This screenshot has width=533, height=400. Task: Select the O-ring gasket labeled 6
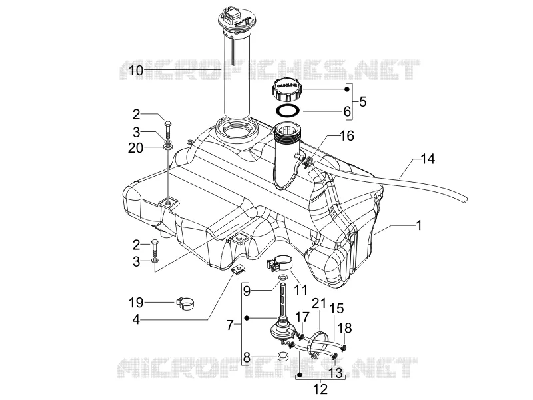pos(288,111)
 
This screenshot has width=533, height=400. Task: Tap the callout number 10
pos(136,71)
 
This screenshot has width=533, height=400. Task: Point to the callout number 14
pos(428,159)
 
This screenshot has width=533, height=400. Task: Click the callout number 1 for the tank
pos(419,225)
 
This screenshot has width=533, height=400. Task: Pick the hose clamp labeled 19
pos(186,303)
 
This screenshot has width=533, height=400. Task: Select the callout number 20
pos(136,148)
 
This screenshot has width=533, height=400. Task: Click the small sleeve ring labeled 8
pos(282,356)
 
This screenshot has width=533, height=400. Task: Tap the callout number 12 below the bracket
pos(320,389)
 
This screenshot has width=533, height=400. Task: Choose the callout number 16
pos(347,136)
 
